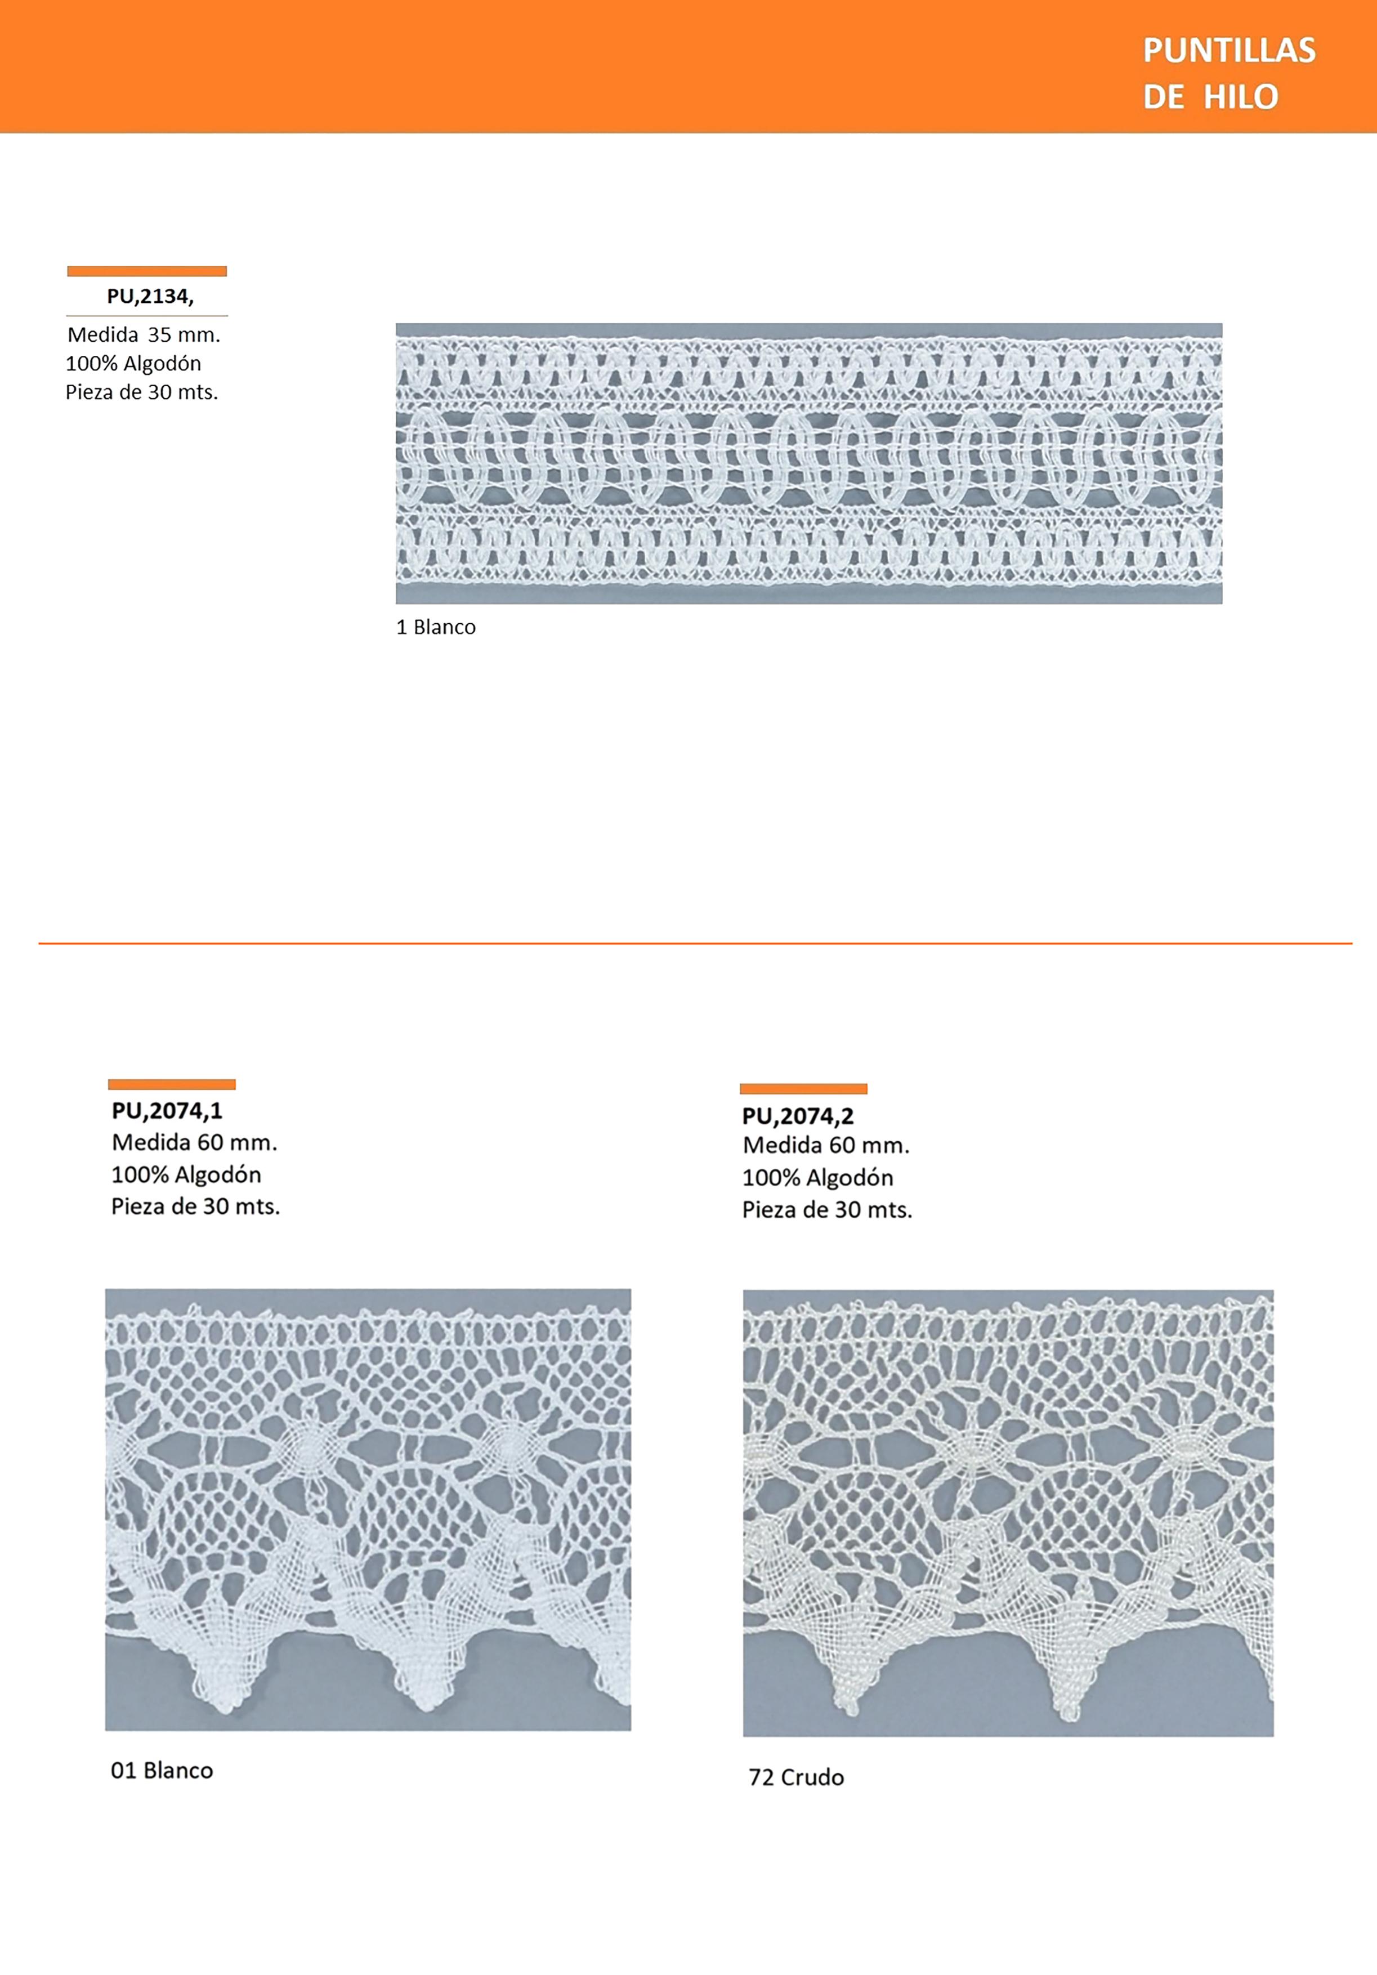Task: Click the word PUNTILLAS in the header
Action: [1228, 51]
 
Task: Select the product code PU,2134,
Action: [150, 297]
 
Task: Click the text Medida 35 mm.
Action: [144, 334]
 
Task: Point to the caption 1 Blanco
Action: [435, 627]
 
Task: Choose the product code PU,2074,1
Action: [167, 1110]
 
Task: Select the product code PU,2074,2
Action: [797, 1116]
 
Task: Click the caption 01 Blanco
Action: [162, 1770]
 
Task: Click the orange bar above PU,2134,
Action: [147, 271]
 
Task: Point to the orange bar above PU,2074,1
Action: [171, 1084]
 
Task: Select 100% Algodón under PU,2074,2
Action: [817, 1178]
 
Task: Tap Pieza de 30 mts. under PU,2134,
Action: [142, 392]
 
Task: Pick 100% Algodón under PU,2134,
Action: [133, 364]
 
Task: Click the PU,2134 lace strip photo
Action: [808, 464]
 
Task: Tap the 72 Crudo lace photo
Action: [1008, 1513]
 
